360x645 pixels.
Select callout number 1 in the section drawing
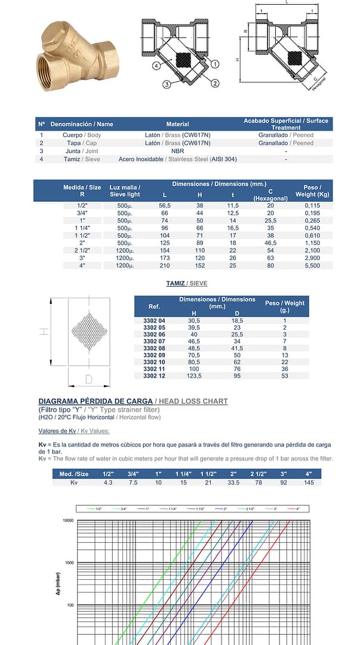click(215, 63)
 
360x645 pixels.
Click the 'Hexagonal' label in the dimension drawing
click(320, 83)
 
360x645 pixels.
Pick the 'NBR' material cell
click(177, 151)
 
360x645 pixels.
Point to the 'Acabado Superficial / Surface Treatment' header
click(285, 124)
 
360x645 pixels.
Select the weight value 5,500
click(312, 265)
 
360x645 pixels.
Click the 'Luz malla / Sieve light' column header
click(125, 191)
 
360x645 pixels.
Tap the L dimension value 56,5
click(165, 205)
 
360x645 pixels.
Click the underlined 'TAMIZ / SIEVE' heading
click(187, 283)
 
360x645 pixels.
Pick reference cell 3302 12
click(154, 376)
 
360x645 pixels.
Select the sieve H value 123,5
click(194, 376)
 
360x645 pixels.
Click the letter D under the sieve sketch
click(88, 379)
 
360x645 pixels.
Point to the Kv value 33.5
click(234, 482)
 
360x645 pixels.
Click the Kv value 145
click(309, 482)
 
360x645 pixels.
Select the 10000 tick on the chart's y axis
click(65, 521)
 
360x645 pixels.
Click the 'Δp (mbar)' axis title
click(66, 580)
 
